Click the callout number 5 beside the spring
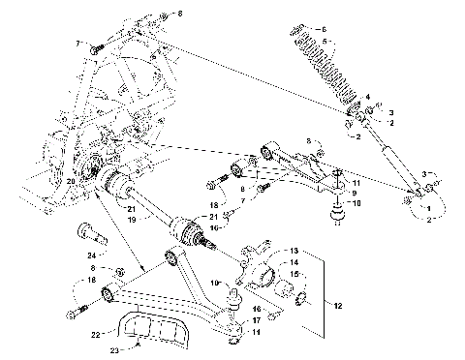325,29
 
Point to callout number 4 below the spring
367,98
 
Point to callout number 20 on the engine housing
71,180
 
